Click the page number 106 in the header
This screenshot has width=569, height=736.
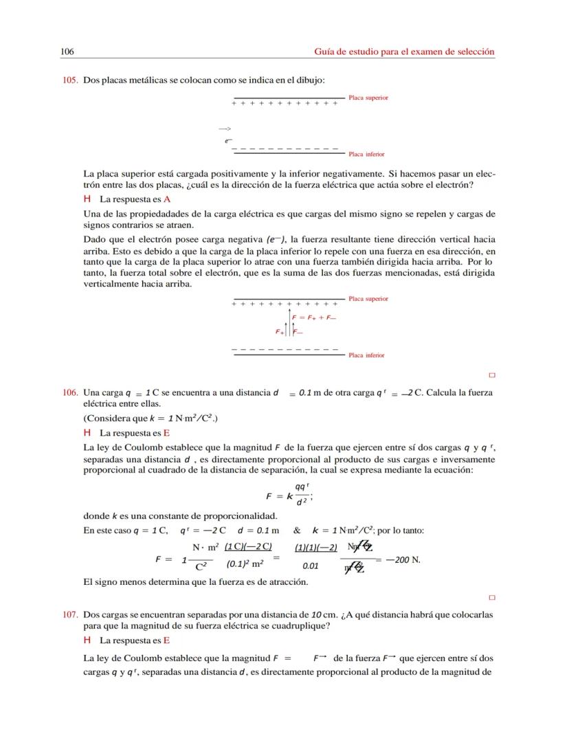tap(67, 52)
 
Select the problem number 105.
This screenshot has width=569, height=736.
tap(71, 80)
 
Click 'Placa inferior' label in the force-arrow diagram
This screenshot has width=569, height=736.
tap(366, 355)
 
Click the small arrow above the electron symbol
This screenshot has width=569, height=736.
tap(225, 129)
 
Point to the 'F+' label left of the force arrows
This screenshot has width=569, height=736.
tap(280, 332)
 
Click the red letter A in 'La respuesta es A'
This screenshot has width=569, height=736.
tap(167, 199)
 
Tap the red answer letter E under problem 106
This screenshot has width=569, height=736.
tap(167, 434)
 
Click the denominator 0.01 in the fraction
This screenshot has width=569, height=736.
tap(311, 567)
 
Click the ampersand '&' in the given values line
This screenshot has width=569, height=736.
tap(297, 531)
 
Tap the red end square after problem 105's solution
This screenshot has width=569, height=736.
tap(492, 375)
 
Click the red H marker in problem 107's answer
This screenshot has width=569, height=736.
tap(87, 640)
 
